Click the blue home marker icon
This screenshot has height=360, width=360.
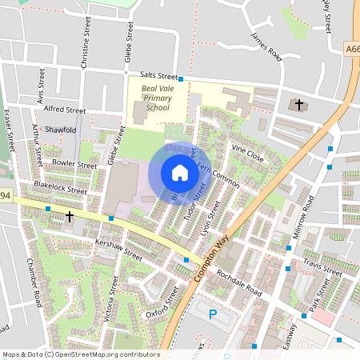[x=180, y=173]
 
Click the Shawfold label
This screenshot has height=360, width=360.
[x=60, y=129]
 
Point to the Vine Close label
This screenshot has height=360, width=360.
[x=247, y=153]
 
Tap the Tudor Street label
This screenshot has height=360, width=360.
[x=195, y=203]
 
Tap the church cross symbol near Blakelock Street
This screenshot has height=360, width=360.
[x=70, y=216]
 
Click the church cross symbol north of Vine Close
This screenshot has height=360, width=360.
[x=300, y=105]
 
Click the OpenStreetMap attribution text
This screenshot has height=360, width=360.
[x=80, y=354]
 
